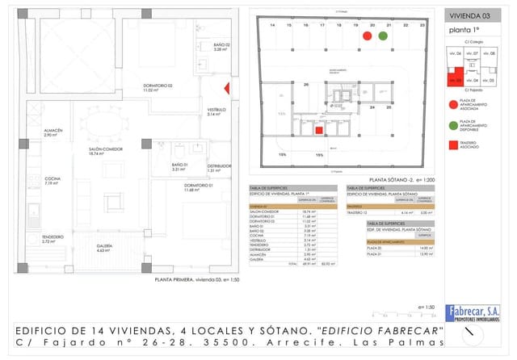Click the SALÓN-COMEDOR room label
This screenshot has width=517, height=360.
coord(106,150)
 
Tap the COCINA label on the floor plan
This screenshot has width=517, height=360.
coord(53,181)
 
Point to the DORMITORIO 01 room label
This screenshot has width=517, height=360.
coord(197,187)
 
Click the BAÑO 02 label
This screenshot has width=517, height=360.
coord(222,46)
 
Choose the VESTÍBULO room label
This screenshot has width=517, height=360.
coord(217,111)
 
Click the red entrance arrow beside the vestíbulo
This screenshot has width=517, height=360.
coord(228,90)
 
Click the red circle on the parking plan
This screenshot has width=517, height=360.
coord(367,36)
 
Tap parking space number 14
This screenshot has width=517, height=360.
coord(272,26)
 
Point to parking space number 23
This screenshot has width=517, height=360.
coord(422,26)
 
